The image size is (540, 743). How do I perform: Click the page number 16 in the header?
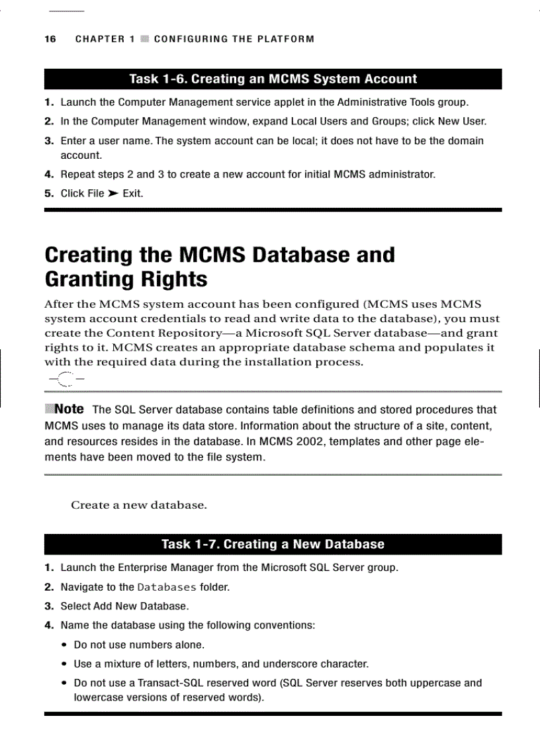coord(50,39)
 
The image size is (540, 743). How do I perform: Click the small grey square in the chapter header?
coord(145,39)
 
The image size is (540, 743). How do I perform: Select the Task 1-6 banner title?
coord(273,79)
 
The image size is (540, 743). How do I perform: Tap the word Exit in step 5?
coord(132,193)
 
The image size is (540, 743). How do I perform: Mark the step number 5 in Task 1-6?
coord(48,193)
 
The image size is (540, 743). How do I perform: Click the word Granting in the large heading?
coord(90,279)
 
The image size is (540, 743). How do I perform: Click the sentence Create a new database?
coord(139,505)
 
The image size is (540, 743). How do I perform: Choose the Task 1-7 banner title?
coord(273,545)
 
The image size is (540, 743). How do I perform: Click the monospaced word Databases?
coord(167,587)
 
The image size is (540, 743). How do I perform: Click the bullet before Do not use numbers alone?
coord(64,645)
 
